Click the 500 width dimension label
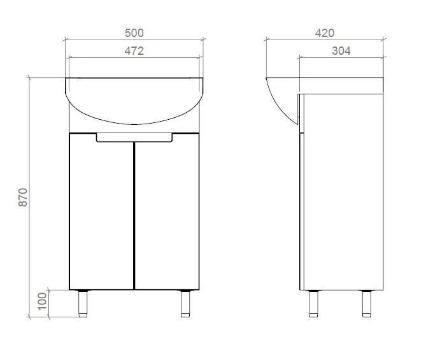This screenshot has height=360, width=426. (134, 33)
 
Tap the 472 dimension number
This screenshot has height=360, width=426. (134, 51)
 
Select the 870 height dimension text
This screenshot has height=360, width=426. (23, 197)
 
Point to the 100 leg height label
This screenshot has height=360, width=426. (42, 301)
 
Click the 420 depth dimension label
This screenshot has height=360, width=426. (324, 33)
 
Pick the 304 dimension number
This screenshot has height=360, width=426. (341, 51)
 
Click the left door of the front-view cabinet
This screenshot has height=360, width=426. (101, 212)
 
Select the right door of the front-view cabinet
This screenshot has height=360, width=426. (167, 212)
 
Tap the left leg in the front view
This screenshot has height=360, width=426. (83, 304)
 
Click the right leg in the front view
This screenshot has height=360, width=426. (185, 304)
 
